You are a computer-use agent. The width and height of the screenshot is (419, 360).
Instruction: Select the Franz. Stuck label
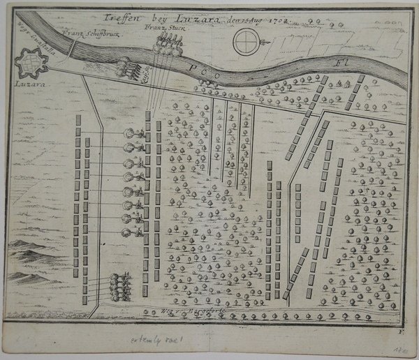click(x=158, y=28)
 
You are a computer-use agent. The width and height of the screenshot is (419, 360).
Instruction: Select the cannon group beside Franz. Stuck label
click(x=168, y=46)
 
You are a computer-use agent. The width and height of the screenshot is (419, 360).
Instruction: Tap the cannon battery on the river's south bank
click(x=128, y=68)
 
